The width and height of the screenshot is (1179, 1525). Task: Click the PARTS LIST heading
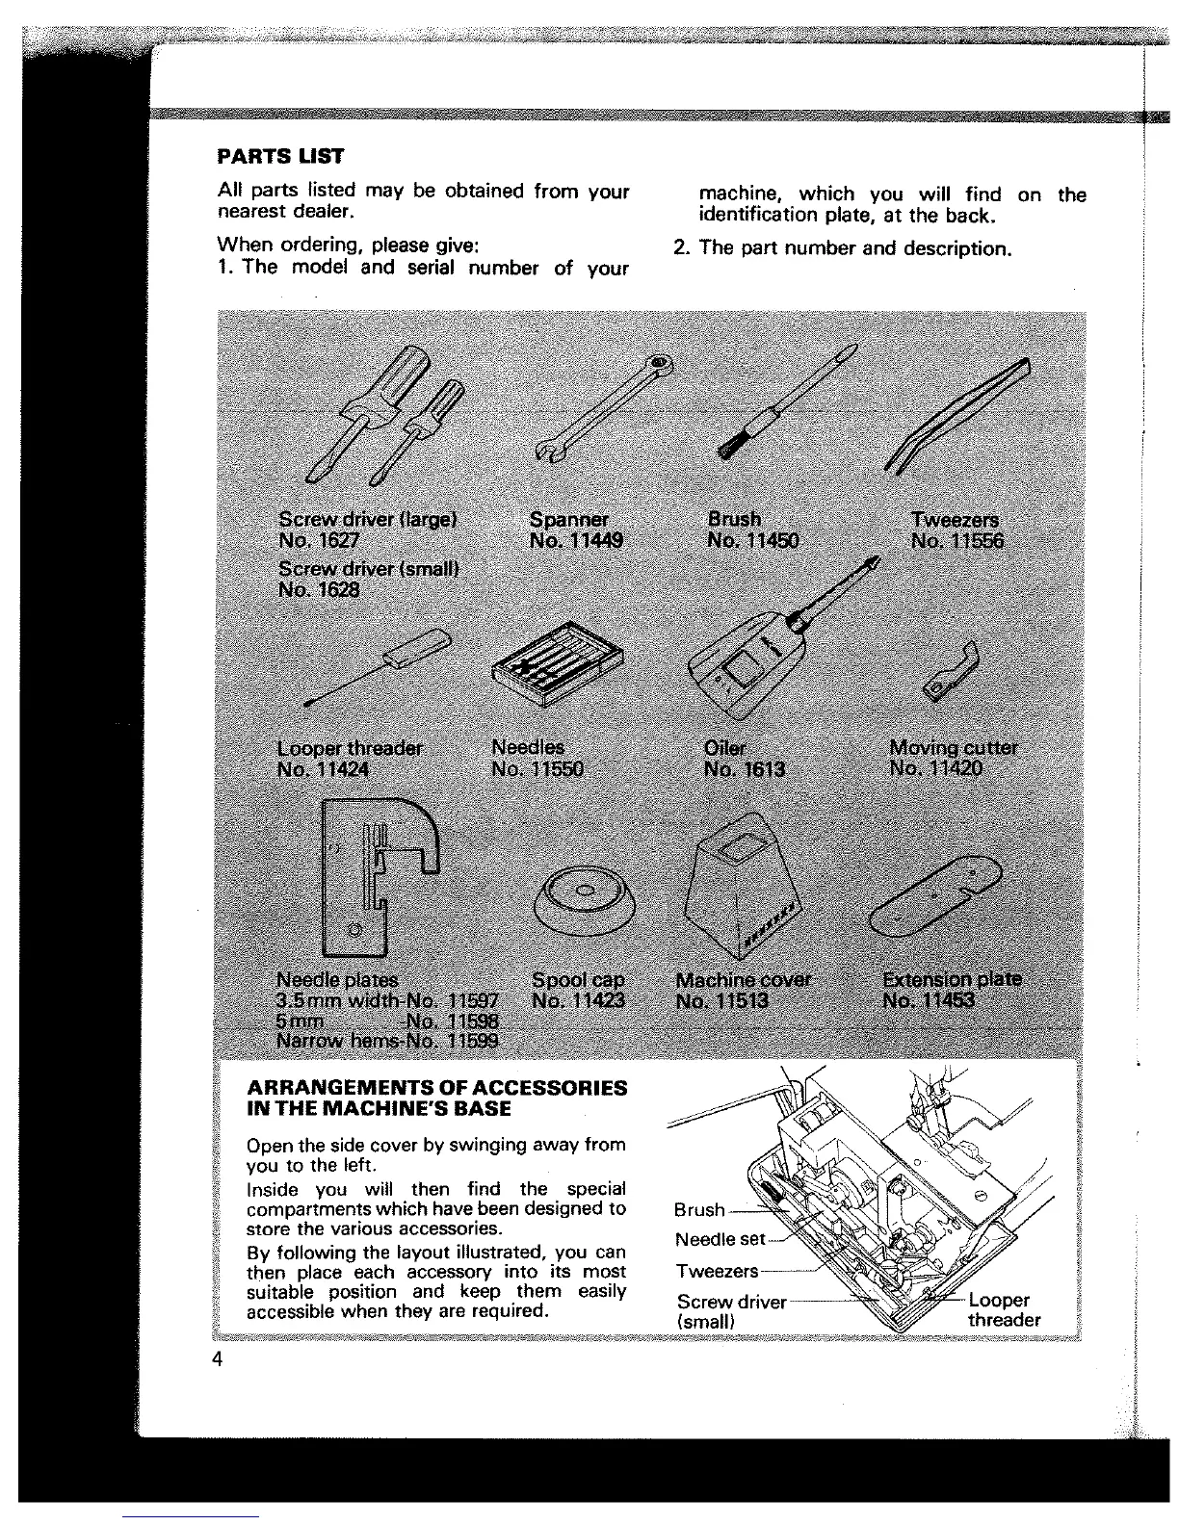point(280,156)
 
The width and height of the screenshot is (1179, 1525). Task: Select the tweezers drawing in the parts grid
point(957,415)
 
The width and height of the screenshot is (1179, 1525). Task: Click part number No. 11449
point(576,541)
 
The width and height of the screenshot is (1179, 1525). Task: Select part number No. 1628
point(319,589)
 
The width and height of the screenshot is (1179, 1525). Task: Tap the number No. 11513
point(722,1001)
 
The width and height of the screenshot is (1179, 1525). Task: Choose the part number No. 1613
point(745,769)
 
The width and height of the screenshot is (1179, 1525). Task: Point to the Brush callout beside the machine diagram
point(699,1210)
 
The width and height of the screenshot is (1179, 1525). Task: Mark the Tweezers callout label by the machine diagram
point(717,1272)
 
